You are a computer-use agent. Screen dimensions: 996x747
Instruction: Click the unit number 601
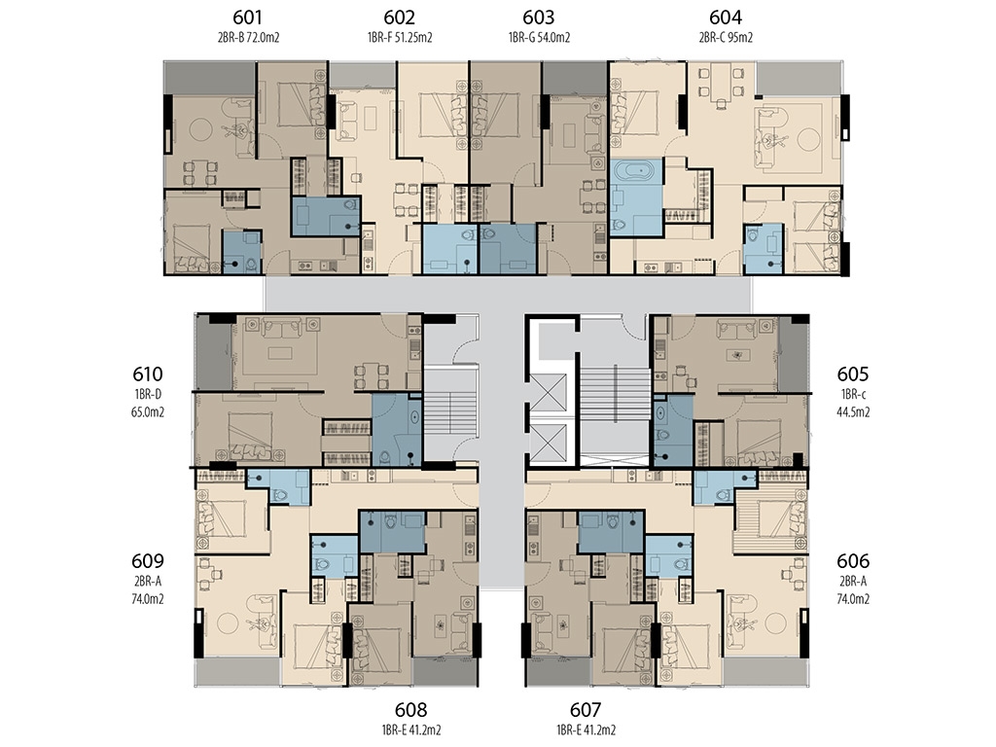[248, 18]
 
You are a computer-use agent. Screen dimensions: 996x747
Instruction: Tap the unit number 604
[726, 18]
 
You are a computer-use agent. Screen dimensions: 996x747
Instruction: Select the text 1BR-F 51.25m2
[400, 38]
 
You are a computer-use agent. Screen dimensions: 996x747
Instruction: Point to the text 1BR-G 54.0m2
[539, 38]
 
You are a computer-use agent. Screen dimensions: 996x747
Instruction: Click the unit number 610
[148, 374]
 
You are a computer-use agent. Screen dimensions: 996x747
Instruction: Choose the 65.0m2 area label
[148, 411]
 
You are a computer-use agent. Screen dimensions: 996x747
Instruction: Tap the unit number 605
[852, 374]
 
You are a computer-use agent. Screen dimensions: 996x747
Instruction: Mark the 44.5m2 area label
[853, 411]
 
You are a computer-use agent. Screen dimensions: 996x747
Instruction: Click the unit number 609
[148, 561]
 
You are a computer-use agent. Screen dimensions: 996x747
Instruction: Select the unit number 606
[852, 561]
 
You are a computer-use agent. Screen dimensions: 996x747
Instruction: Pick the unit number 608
[411, 709]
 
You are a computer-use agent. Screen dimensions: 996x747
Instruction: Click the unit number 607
[585, 709]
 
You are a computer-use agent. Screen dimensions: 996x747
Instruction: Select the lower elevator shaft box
[548, 443]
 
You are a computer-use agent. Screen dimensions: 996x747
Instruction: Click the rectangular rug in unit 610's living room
[279, 352]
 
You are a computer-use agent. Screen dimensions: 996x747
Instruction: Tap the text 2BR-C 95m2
[726, 38]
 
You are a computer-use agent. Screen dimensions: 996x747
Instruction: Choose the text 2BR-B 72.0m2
[248, 38]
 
